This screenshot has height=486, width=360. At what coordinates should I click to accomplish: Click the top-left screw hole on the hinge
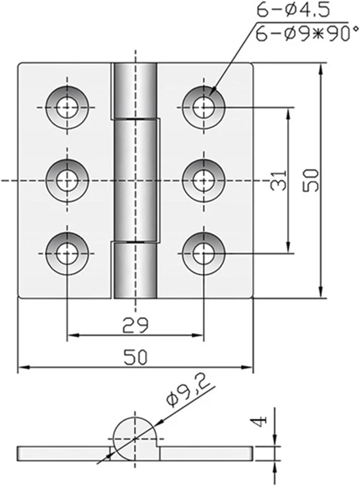coord(67,108)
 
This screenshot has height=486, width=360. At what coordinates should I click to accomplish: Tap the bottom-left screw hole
coord(67,253)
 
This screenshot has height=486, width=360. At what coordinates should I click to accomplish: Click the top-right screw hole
coord(203,108)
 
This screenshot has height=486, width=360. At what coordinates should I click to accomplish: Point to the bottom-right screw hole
coord(203,253)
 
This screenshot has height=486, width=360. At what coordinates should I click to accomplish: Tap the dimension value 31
coord(279,181)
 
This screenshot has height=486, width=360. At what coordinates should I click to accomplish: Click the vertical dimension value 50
coord(311,181)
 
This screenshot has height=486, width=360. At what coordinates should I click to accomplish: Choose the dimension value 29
coord(135,325)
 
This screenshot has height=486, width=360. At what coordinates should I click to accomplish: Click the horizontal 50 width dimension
coord(135,357)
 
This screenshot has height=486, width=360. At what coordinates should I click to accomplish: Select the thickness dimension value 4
coord(260,421)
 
